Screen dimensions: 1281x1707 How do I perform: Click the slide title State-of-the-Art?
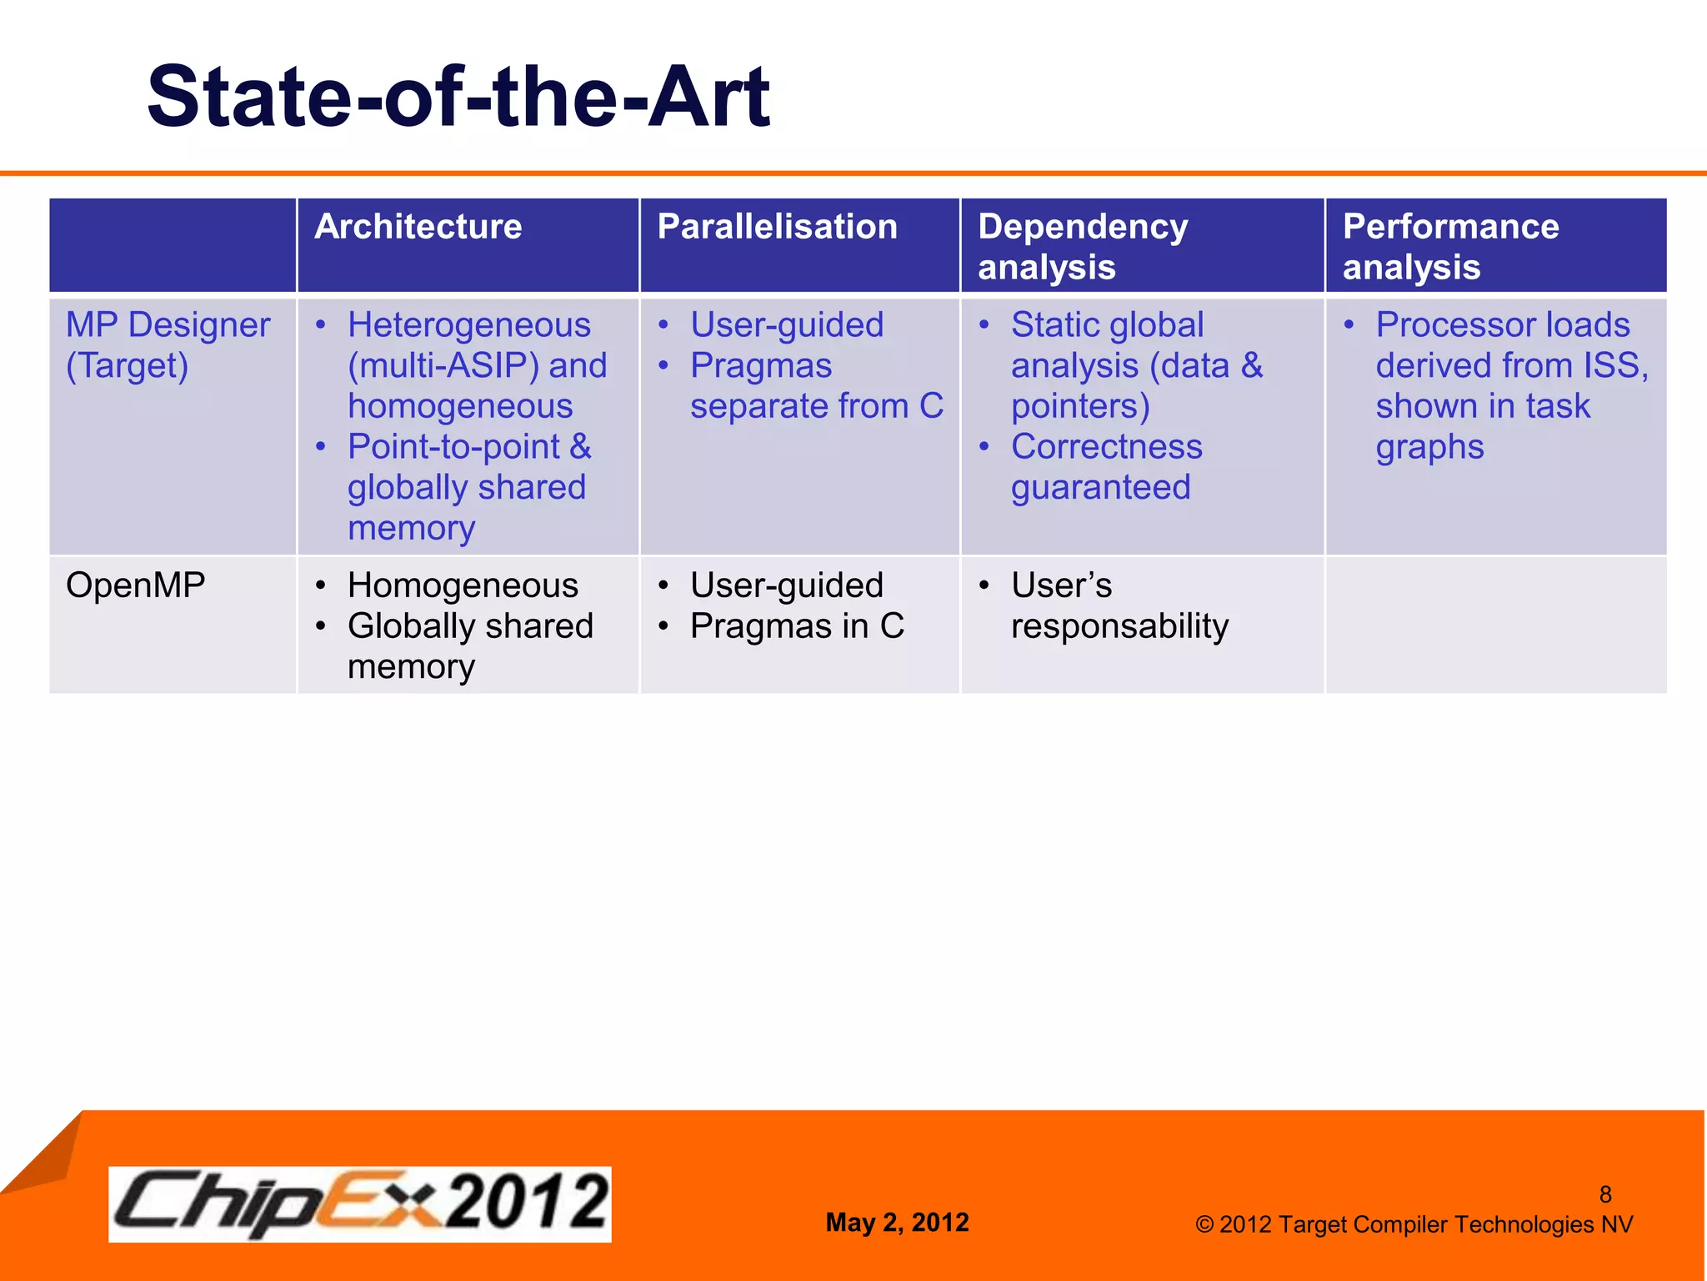[458, 98]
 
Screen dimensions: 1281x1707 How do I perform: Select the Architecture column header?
[418, 227]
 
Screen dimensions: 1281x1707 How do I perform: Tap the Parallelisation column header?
[777, 227]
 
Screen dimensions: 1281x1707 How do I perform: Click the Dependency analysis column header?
[1082, 246]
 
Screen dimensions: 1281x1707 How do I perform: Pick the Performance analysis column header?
[1450, 246]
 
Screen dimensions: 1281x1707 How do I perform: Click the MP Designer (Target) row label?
[168, 344]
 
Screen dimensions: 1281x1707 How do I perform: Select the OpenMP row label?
[135, 585]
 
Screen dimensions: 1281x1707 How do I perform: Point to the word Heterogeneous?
[469, 324]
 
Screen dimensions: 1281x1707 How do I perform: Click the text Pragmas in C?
[797, 625]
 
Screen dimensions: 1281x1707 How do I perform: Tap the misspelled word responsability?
[1119, 625]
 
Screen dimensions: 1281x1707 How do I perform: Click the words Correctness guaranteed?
[1105, 467]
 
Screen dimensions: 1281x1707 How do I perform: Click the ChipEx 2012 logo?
[359, 1203]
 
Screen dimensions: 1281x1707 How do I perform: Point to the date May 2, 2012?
[897, 1222]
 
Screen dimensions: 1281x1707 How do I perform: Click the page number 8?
[1604, 1194]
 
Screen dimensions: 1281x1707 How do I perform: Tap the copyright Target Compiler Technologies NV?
[1425, 1224]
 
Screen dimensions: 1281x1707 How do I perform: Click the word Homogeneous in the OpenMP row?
[463, 585]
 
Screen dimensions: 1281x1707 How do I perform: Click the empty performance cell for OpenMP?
[1495, 624]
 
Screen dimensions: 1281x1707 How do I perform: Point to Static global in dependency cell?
[1107, 324]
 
